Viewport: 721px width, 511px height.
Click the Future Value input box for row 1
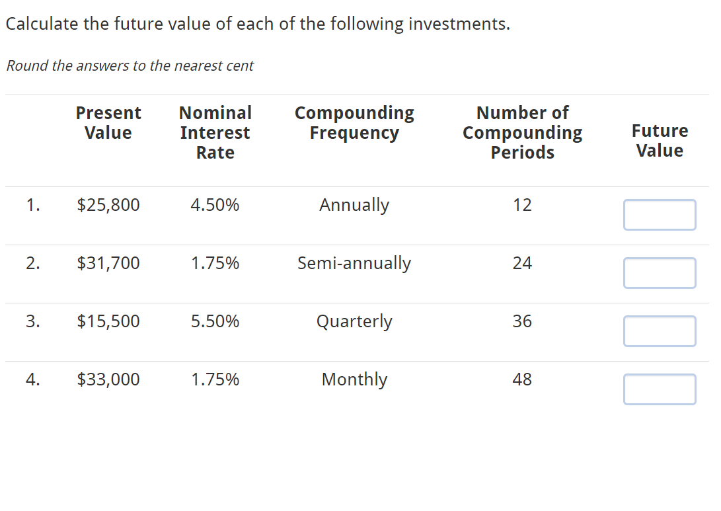(659, 215)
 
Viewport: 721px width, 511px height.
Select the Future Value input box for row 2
(659, 273)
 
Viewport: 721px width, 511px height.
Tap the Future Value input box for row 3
(659, 331)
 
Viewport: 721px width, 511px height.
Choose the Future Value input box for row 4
(659, 389)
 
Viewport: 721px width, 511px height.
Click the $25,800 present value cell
(108, 205)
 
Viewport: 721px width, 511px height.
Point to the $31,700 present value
(108, 263)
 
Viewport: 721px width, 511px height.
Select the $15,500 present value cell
(108, 321)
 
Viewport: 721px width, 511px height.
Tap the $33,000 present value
(108, 379)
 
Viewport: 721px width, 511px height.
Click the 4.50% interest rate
(215, 205)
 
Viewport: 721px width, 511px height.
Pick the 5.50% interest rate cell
(215, 321)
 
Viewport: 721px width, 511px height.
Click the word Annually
(354, 205)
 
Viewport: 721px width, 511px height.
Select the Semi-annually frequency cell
(354, 263)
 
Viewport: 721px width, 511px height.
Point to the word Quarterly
(354, 321)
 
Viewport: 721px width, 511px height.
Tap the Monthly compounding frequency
(354, 379)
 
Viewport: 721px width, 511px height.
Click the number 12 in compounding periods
(522, 205)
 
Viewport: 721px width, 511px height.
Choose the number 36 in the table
(522, 321)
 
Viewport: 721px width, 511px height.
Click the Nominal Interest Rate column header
(215, 132)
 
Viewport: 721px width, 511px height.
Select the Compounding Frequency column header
(354, 122)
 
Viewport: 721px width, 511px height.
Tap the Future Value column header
(660, 140)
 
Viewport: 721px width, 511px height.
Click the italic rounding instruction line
(130, 66)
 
